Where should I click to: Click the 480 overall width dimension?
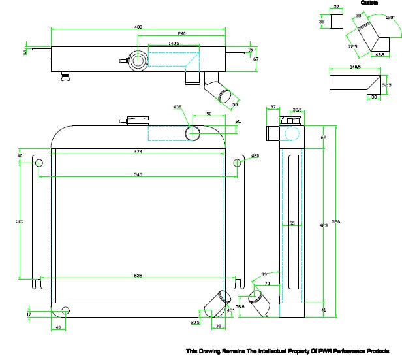pos(138,27)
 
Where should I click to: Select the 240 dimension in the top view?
pos(181,34)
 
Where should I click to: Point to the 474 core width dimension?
pos(138,152)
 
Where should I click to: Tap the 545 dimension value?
pos(138,174)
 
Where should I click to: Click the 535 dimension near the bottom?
pos(138,275)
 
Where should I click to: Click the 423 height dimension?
pos(324,225)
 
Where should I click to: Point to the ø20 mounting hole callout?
pos(255,155)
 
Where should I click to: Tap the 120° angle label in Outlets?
pos(390,18)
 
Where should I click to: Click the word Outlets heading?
pos(369,3)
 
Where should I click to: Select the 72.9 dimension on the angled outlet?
pos(352,47)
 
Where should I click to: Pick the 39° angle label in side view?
pos(264,274)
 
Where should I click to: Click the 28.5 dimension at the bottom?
pos(195,322)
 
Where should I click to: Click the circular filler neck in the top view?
pos(139,61)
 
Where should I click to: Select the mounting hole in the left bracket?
pos(39,162)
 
